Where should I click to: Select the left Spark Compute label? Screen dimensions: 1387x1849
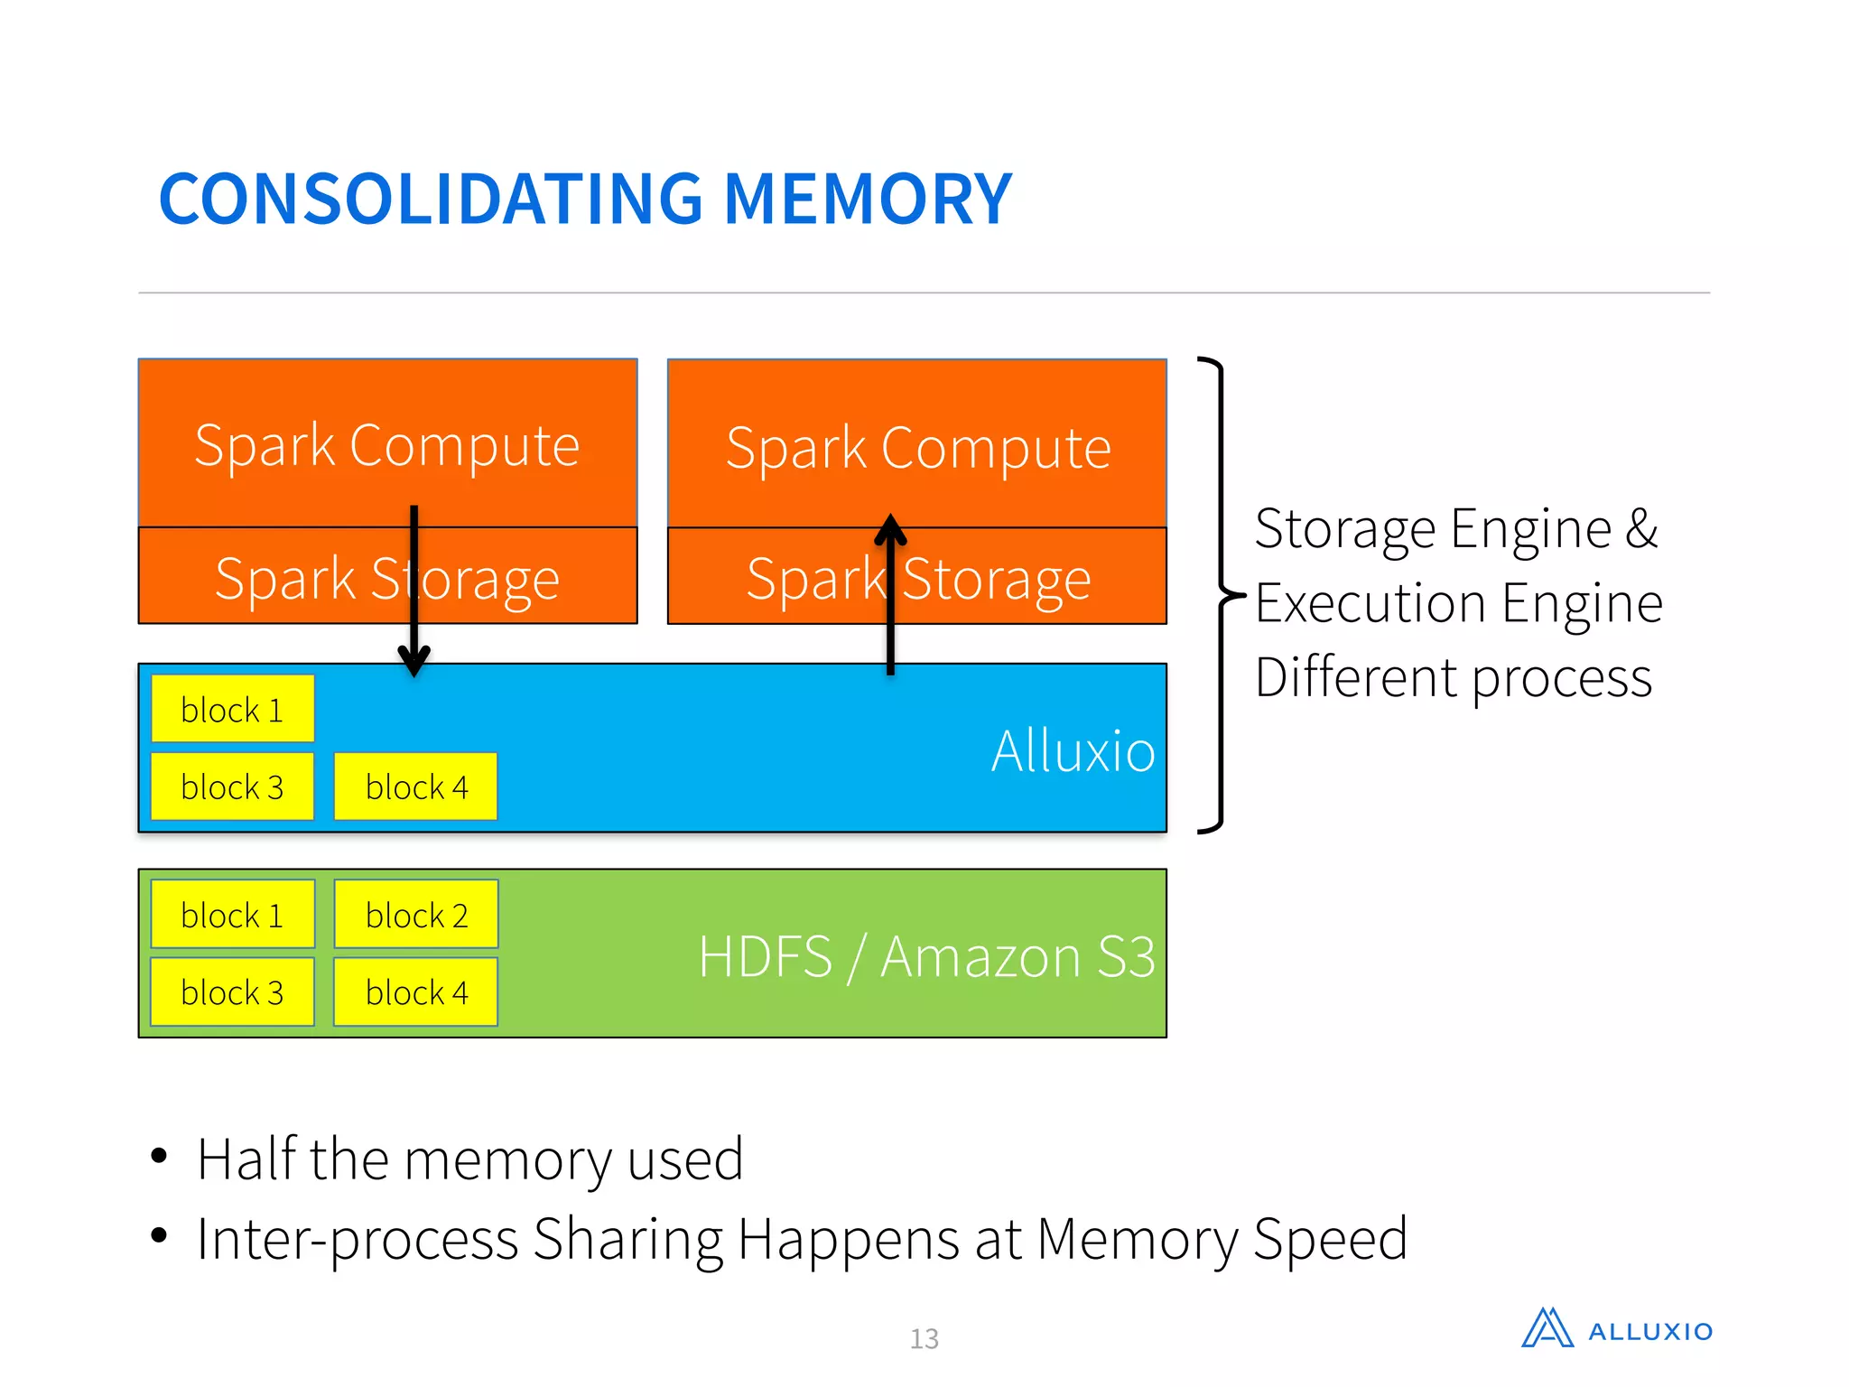pos(386,445)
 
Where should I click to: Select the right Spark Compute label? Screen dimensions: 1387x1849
pos(917,448)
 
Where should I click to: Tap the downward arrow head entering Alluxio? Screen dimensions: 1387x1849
pos(413,661)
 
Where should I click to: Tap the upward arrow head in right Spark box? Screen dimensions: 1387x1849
pos(890,530)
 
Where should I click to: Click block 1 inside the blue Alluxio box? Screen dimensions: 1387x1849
pos(232,710)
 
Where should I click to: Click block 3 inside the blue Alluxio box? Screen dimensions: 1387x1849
pos(232,787)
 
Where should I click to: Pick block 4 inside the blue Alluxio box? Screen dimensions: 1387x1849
pos(415,787)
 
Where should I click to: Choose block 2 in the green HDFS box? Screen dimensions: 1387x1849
pos(415,916)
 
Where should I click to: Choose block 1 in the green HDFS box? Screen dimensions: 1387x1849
pos(232,916)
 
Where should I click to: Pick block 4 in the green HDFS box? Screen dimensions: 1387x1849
pos(415,992)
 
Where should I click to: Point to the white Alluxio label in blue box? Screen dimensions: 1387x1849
pos(1072,751)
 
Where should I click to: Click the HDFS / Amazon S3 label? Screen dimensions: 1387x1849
pos(926,957)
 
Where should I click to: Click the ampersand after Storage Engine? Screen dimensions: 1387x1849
pos(1641,529)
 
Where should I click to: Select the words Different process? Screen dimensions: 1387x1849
pos(1453,678)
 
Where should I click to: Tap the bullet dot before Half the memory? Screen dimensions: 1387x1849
pos(160,1156)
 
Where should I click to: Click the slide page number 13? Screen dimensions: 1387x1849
pos(924,1338)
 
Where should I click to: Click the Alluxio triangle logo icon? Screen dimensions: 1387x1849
pos(1547,1329)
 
